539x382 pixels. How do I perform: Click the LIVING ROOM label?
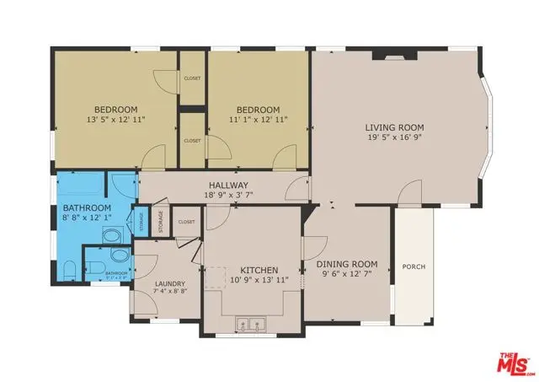[x=392, y=128]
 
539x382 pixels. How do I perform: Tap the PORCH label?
[x=414, y=267]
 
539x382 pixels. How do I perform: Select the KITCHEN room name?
[x=253, y=270]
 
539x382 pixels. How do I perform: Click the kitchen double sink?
[x=252, y=322]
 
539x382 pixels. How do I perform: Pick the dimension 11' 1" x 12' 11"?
[x=258, y=121]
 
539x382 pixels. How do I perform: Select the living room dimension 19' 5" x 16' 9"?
[x=392, y=138]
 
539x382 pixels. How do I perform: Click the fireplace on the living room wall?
[x=392, y=58]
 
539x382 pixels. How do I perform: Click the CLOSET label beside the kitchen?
[x=186, y=223]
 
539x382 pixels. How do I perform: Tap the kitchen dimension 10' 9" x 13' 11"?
[x=253, y=280]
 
